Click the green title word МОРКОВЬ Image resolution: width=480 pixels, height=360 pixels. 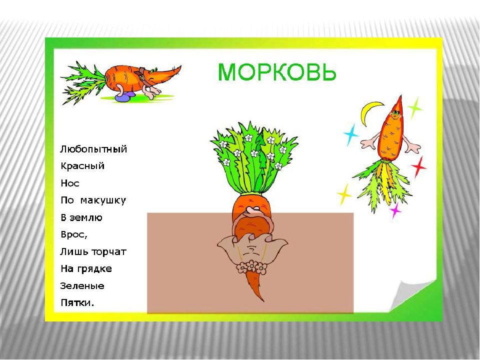pyautogui.click(x=276, y=72)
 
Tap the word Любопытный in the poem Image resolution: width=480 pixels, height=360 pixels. pyautogui.click(x=93, y=149)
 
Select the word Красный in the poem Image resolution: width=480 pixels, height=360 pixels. pyautogui.click(x=82, y=166)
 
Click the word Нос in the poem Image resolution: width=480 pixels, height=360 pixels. pyautogui.click(x=70, y=183)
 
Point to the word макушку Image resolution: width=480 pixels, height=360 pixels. pyautogui.click(x=103, y=201)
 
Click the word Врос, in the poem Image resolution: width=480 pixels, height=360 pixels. pyautogui.click(x=74, y=235)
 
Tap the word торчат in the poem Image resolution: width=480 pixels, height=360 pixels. pyautogui.click(x=109, y=252)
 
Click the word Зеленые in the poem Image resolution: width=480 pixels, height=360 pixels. pyautogui.click(x=82, y=286)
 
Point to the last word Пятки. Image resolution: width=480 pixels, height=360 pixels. pyautogui.click(x=77, y=303)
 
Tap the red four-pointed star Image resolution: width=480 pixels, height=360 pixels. pyautogui.click(x=419, y=167)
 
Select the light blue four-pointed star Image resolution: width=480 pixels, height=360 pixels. pyautogui.click(x=351, y=134)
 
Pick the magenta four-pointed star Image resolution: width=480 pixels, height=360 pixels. pyautogui.click(x=395, y=210)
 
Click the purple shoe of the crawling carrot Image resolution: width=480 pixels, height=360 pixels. pyautogui.click(x=124, y=97)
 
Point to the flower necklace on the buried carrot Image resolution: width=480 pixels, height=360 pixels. pyautogui.click(x=251, y=267)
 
